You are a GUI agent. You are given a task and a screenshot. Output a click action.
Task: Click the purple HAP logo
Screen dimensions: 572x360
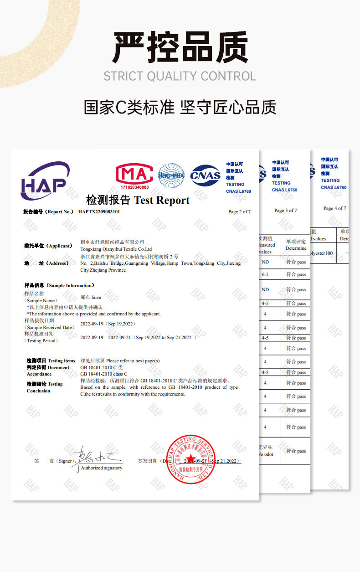pos(45,181)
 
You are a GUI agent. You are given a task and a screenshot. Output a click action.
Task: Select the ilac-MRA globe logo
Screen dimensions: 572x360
pos(171,175)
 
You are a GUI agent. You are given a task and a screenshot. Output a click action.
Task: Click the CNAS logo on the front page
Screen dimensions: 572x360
pos(205,175)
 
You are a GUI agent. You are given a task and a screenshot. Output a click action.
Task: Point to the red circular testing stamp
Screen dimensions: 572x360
pos(191,459)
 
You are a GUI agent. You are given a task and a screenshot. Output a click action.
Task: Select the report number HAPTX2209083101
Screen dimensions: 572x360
pos(99,211)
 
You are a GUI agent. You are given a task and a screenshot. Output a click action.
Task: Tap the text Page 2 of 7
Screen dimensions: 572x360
pos(239,211)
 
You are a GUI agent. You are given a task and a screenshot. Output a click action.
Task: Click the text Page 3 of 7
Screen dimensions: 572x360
pos(285,210)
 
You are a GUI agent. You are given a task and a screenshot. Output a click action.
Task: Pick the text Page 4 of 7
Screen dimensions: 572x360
pos(334,208)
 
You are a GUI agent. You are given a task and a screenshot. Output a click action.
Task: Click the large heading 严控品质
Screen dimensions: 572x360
pos(180,47)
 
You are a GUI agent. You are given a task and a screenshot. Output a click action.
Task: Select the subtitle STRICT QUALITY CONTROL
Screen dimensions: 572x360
pos(180,76)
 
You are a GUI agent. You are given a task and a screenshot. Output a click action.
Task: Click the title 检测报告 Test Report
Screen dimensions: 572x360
pos(138,200)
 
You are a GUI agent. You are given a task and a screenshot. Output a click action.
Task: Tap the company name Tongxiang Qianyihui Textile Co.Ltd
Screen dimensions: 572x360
pos(116,249)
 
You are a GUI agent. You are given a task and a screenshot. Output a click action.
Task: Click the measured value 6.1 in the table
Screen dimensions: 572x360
pos(265,275)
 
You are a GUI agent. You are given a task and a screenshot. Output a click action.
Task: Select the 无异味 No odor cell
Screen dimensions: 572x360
pos(266,451)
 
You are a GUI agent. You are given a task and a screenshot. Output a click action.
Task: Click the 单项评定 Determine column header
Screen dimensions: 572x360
pos(296,245)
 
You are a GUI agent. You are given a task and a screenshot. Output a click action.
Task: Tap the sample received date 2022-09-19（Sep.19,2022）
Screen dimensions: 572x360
pos(108,324)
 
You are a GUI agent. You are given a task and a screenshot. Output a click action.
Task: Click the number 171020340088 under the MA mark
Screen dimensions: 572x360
pos(134,187)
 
